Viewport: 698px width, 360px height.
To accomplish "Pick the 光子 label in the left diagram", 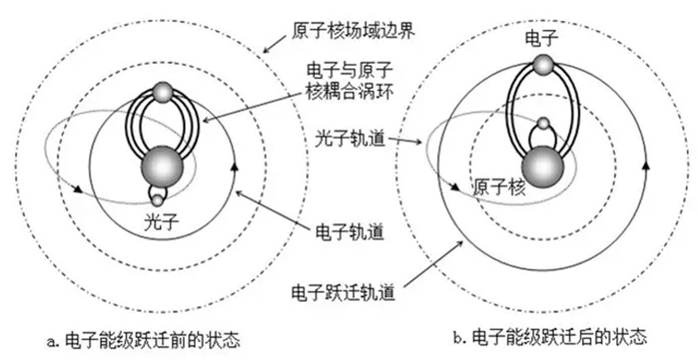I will (160, 221).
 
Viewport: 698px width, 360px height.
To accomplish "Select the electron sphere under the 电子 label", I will (542, 65).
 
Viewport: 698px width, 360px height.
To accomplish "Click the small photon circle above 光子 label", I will (158, 197).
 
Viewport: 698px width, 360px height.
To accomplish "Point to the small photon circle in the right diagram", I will (544, 126).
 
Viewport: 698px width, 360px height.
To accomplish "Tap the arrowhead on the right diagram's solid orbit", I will (644, 164).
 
